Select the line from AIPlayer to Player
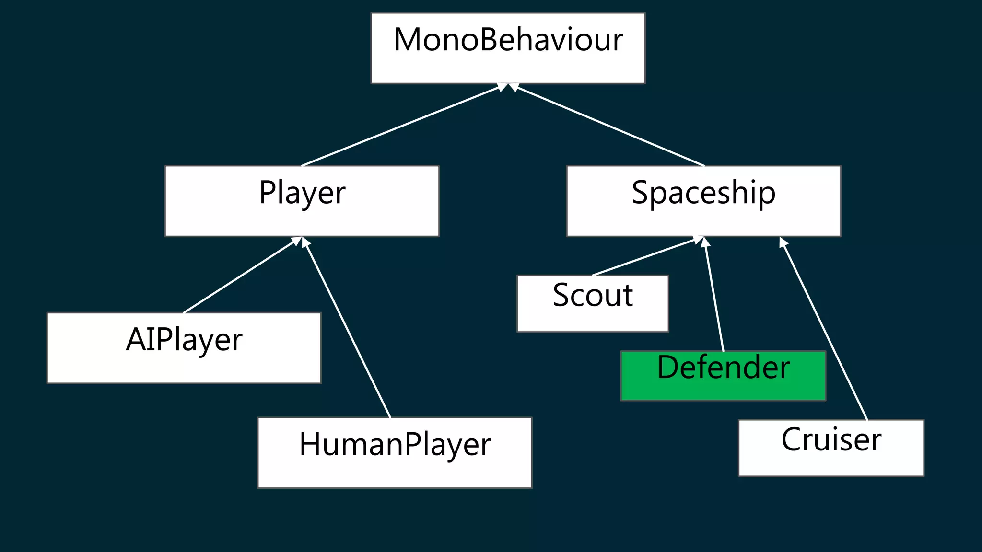click(x=240, y=276)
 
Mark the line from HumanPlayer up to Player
click(x=348, y=328)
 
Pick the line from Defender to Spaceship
click(x=714, y=295)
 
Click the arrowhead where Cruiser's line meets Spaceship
click(x=783, y=242)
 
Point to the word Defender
click(x=723, y=368)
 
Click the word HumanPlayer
click(x=395, y=444)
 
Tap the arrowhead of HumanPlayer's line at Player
click(x=305, y=242)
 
